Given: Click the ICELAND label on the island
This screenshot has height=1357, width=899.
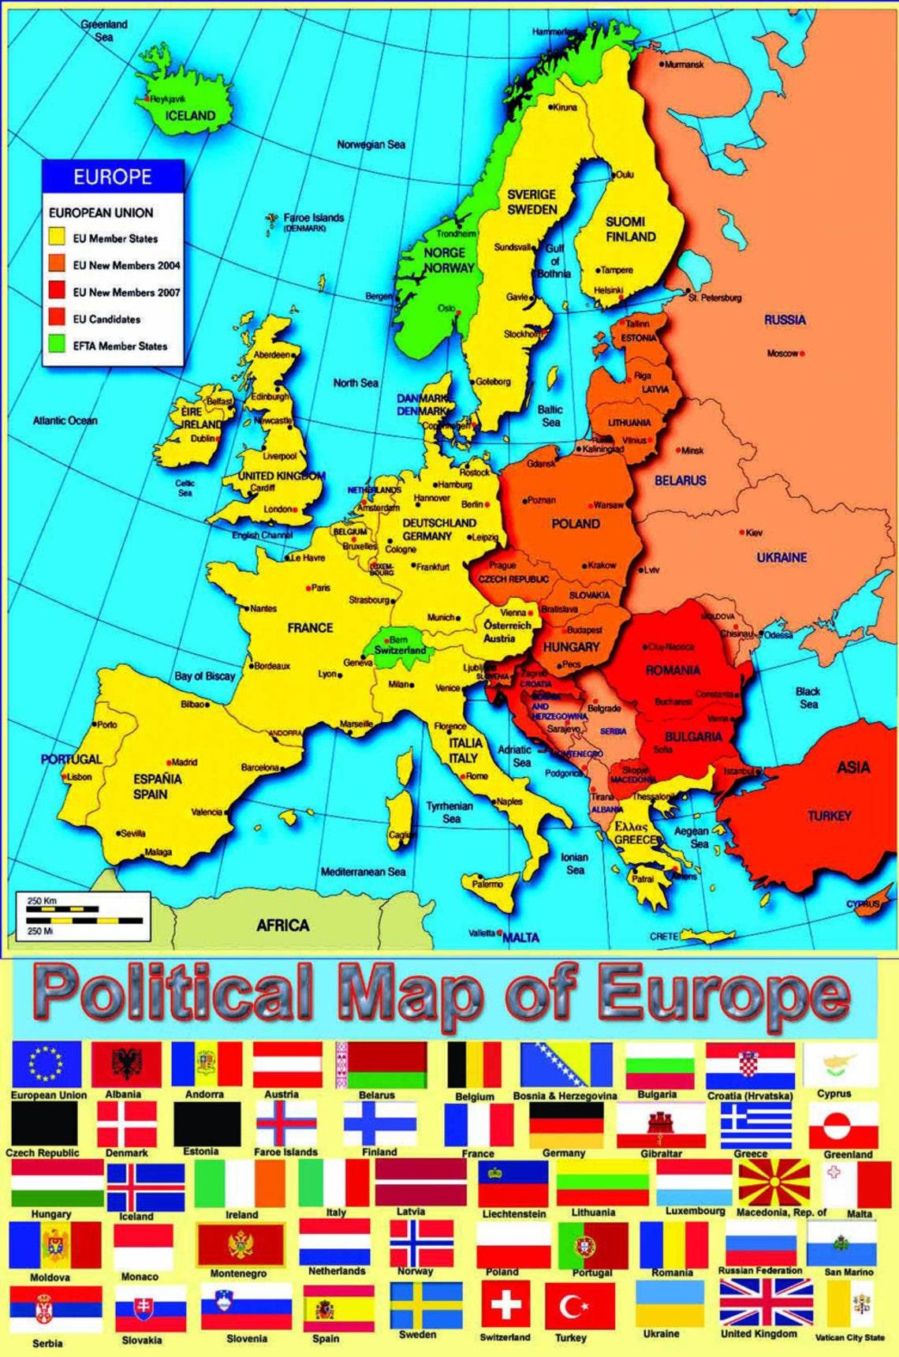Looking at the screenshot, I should point(190,116).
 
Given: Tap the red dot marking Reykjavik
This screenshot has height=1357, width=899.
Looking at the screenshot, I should point(147,99).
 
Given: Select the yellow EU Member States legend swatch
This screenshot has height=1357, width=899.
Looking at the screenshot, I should point(57,237).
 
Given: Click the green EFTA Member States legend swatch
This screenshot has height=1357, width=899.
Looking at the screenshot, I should point(57,344).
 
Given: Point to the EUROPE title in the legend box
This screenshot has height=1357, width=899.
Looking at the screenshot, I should point(113,177).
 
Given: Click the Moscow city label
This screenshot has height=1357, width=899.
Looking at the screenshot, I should point(782,353).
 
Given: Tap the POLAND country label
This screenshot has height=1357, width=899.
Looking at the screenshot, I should point(576,524).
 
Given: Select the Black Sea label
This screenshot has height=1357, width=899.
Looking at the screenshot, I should point(808,697).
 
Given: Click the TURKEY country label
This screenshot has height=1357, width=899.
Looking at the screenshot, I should point(830,816).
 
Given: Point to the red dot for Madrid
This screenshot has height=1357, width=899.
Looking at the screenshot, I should point(169,763).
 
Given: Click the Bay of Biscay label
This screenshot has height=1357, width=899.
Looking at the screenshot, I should point(205,676).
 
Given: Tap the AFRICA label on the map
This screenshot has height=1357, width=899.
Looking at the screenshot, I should point(282,925).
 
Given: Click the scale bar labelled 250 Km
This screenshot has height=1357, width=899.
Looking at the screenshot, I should point(83,915).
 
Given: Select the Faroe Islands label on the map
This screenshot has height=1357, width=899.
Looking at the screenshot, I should point(313,218).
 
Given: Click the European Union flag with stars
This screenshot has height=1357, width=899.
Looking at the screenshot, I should point(47,1064).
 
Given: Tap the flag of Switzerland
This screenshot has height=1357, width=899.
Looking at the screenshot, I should point(505,1304).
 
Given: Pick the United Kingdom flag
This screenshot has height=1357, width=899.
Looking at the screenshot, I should point(766,1303).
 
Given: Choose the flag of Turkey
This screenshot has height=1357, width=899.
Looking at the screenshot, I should point(580,1307).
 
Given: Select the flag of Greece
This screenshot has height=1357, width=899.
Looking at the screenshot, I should point(755,1125).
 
